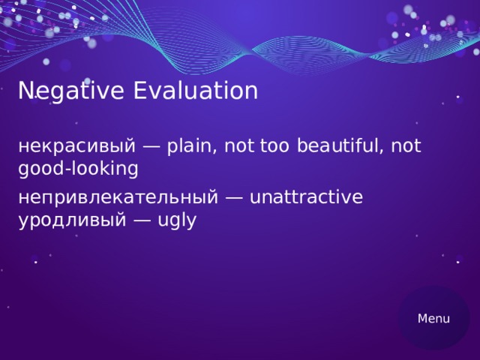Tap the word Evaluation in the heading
coord(196,91)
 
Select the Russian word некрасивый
coord(76,146)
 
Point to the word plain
coord(191,146)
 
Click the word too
coord(275,146)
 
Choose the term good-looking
coord(78,169)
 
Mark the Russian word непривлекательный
coord(118,197)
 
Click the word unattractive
coord(306,197)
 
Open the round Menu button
coord(433,318)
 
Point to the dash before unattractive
coord(234,198)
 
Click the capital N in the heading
coord(25,91)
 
